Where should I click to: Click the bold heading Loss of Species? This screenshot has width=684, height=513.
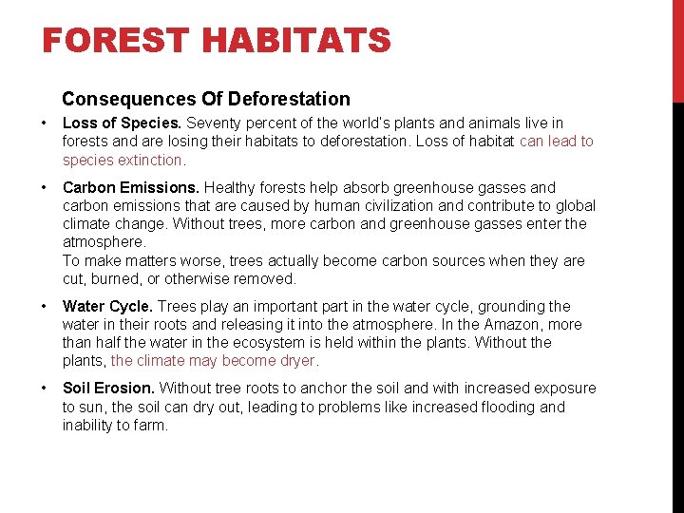[x=122, y=123]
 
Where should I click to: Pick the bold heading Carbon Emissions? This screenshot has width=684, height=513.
[x=131, y=187]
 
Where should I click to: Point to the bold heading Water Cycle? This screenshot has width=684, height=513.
[x=107, y=306]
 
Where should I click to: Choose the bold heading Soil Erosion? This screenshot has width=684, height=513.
[x=108, y=388]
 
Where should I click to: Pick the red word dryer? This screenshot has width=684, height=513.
[x=297, y=361]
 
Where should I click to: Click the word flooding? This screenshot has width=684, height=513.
[x=510, y=407]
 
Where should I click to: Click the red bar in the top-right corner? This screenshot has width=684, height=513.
[x=677, y=49]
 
